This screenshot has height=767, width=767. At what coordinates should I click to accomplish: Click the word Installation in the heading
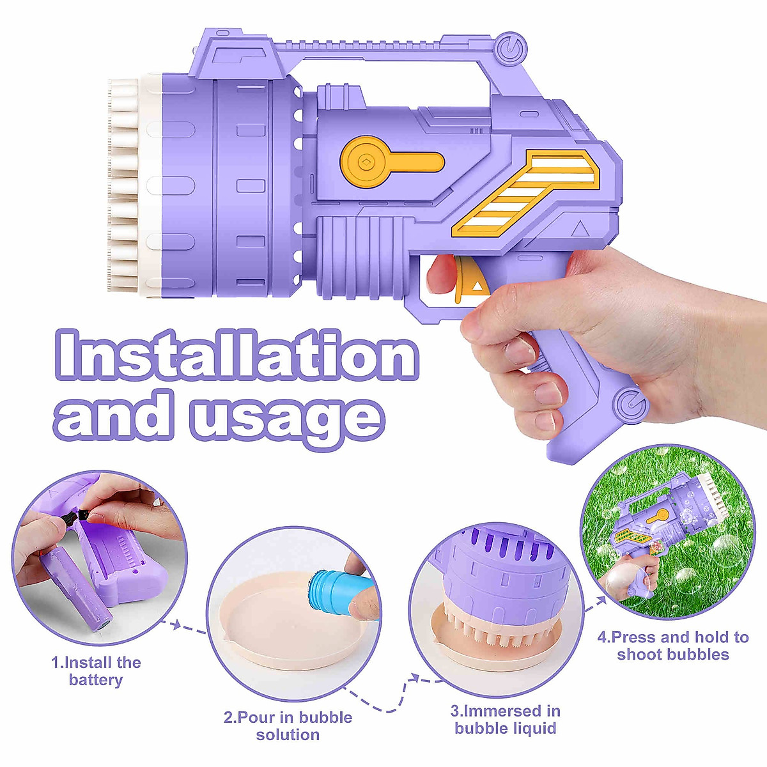(x=236, y=355)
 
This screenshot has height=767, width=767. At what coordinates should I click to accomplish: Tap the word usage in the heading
(x=287, y=418)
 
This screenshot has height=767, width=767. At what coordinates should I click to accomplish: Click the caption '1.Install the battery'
(x=96, y=670)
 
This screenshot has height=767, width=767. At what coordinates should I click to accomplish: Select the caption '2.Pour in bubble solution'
(x=288, y=725)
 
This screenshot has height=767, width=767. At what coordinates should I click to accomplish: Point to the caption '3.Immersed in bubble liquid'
(x=506, y=719)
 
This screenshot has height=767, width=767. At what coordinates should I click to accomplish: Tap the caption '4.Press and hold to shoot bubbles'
(x=673, y=646)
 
